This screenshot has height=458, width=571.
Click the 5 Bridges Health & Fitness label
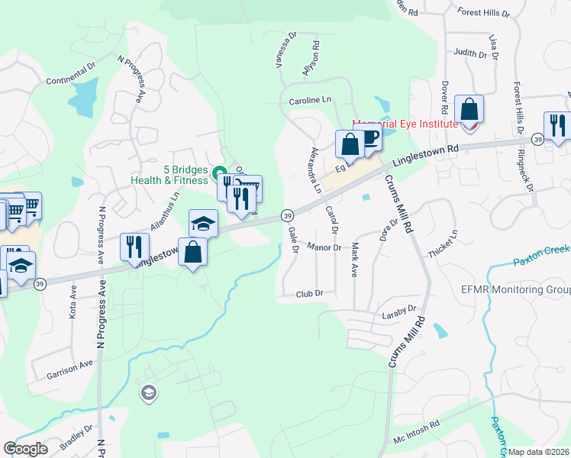(x=163, y=175)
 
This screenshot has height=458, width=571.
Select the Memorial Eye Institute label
(x=405, y=124)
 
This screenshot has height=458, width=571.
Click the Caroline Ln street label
(x=310, y=100)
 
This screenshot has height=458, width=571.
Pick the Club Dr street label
(x=309, y=293)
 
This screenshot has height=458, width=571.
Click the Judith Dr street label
(x=469, y=53)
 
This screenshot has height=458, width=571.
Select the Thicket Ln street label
(x=444, y=244)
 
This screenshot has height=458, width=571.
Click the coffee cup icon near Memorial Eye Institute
(x=370, y=140)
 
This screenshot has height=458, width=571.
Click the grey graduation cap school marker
(x=149, y=394)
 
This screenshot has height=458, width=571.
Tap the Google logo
(x=25, y=450)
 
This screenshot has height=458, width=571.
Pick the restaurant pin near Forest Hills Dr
(x=556, y=124)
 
